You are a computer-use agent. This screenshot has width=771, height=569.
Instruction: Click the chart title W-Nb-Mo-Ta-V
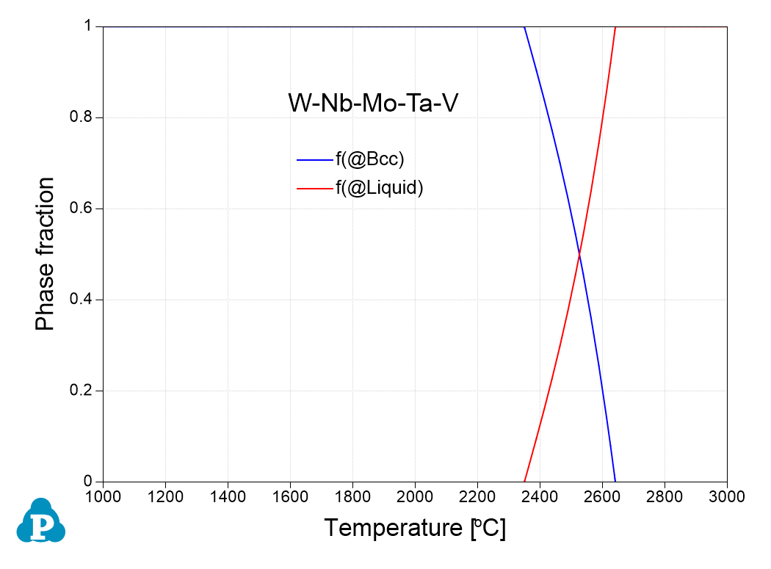coord(373,104)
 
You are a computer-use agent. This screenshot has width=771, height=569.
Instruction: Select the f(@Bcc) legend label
coord(370,159)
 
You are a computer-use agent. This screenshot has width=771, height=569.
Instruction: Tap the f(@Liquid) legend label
coord(380,188)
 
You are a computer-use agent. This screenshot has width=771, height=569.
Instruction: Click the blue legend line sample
coord(315,160)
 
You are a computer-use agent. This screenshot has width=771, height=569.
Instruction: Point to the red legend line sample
coord(315,189)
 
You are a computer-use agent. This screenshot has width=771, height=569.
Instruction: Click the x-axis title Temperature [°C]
coord(415,528)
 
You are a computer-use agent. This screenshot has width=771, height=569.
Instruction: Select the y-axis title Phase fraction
coord(46,254)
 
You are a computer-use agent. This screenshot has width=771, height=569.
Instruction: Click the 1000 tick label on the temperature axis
coord(103,496)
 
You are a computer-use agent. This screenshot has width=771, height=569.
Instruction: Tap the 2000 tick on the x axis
coord(415,496)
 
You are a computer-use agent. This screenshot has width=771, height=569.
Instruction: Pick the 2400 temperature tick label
coord(540,496)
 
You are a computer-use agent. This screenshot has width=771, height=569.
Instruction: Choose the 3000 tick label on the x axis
coord(727,496)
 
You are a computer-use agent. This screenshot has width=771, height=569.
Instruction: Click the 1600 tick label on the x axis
coord(290,496)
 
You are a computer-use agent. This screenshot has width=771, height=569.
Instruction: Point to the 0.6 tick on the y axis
coord(83,209)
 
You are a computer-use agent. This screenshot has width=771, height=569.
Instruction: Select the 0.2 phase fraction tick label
coord(83,391)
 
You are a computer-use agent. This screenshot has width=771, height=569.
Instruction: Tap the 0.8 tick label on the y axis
coord(83,117)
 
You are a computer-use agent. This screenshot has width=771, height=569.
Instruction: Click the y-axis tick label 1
coord(89,26)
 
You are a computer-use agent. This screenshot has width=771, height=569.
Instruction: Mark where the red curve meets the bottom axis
coord(524,481)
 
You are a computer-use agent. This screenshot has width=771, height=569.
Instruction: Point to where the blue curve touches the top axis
coord(524,27)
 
